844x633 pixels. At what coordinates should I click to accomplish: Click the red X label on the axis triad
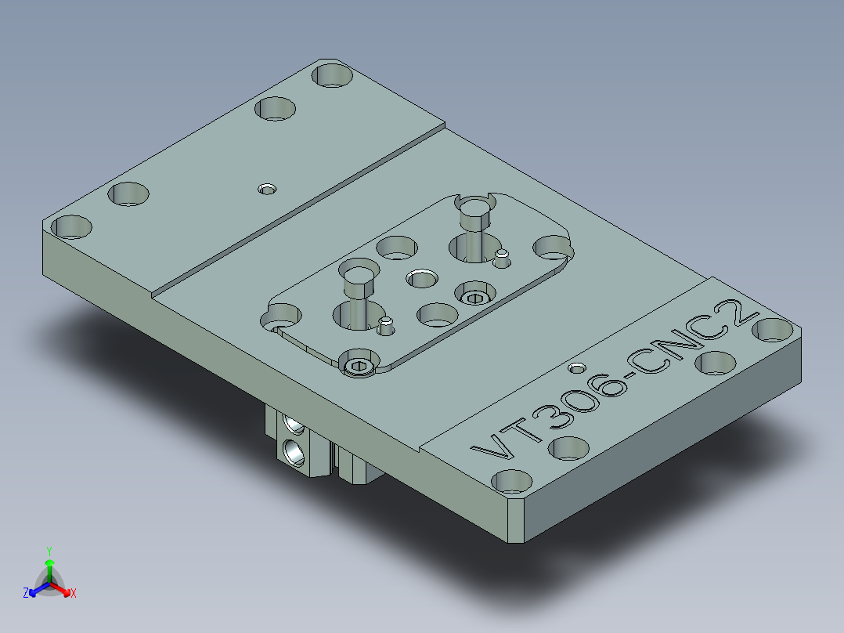pos(74,594)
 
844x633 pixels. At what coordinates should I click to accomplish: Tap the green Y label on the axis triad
pos(49,551)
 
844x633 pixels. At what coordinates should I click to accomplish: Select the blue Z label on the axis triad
pos(26,594)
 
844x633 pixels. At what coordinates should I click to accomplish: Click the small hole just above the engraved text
pos(578,367)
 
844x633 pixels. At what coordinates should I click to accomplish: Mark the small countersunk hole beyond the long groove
pos(268,189)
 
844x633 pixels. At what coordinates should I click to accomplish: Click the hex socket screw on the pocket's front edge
pos(359,365)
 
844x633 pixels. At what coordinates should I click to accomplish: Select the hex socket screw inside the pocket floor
pos(474,296)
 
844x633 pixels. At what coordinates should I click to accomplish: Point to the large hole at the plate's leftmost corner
pos(72,227)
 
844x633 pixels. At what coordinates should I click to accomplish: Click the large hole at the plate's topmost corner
pos(333,76)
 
